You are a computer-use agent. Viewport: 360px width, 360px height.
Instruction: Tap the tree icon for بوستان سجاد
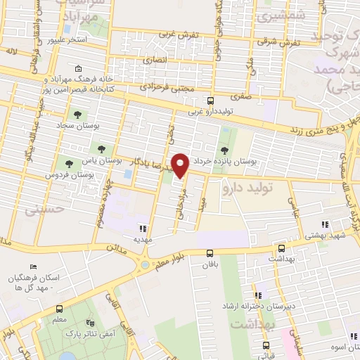click(76, 115)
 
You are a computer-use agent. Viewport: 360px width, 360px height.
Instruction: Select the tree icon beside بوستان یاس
click(102, 148)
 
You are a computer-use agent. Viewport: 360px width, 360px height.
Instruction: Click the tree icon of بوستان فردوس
click(67, 163)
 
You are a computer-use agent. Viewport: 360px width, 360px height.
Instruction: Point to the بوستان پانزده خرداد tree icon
click(224, 150)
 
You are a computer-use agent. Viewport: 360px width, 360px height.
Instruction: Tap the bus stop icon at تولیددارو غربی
click(210, 101)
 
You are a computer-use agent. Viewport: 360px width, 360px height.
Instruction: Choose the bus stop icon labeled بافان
click(210, 254)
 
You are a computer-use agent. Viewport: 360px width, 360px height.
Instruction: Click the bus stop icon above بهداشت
click(281, 249)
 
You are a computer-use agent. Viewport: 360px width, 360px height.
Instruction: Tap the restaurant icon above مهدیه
click(143, 229)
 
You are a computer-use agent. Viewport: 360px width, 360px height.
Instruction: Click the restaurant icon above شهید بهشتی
click(324, 225)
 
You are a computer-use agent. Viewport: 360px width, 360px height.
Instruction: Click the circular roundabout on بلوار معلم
click(146, 265)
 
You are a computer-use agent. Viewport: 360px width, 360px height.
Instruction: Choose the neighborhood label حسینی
click(44, 210)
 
